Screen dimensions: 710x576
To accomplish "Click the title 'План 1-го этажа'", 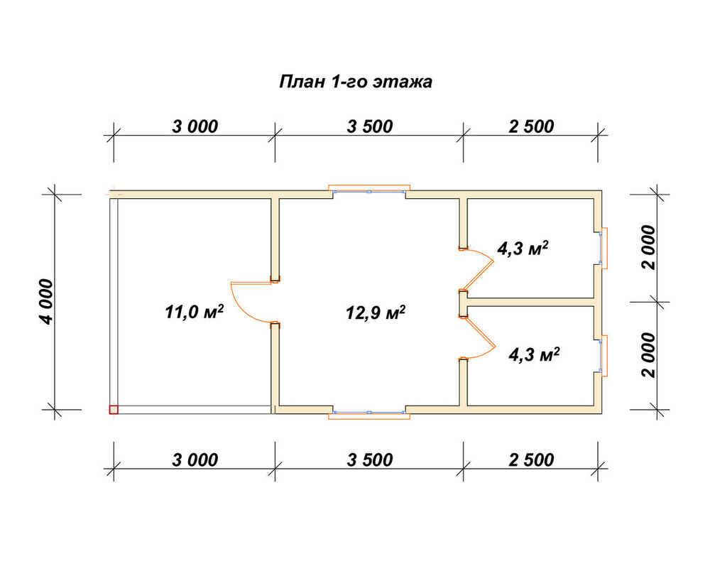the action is (356, 82).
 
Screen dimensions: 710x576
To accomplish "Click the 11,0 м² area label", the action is (195, 312).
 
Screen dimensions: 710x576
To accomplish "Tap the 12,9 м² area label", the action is (375, 312).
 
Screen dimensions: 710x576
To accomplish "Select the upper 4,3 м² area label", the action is (523, 248).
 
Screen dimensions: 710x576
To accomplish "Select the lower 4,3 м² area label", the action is (534, 354).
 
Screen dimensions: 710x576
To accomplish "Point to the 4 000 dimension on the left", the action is (46, 302).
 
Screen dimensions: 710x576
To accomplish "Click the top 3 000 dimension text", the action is (195, 127).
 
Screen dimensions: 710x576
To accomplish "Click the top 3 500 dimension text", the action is (369, 127).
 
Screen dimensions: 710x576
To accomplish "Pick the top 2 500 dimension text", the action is (531, 126).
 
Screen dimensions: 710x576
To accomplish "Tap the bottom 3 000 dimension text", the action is (195, 460).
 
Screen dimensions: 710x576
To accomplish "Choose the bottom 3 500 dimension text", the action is (369, 460).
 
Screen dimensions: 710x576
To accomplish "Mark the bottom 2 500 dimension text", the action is (531, 460).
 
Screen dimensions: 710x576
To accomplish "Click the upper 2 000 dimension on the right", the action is (648, 247).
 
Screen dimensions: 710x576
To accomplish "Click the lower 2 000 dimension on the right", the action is (648, 355).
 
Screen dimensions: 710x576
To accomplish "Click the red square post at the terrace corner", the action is (114, 410).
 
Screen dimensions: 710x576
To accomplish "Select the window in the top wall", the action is (369, 190).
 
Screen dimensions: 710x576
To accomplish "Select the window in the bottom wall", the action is (369, 414).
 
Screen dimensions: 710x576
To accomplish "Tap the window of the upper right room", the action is (602, 248).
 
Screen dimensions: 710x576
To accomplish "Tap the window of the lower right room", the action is (602, 355).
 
